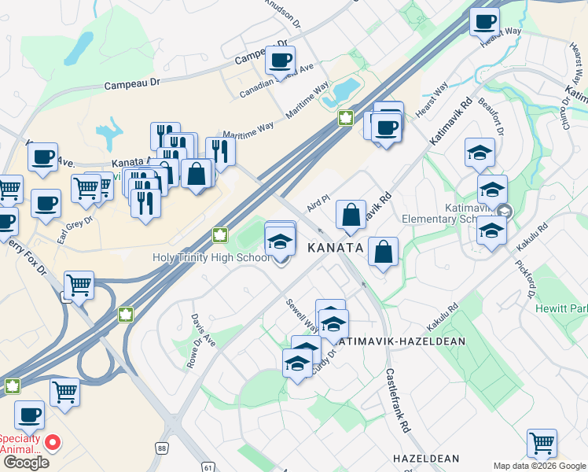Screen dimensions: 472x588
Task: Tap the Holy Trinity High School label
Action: tap(213, 257)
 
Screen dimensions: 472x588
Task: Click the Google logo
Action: tap(25, 463)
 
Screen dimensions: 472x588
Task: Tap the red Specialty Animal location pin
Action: tap(53, 442)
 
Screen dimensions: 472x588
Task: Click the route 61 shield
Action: tap(208, 466)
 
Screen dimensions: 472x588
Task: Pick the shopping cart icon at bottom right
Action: tap(542, 443)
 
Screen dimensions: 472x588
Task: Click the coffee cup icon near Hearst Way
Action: tap(484, 20)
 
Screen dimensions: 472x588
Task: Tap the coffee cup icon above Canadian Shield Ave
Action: tap(280, 59)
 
